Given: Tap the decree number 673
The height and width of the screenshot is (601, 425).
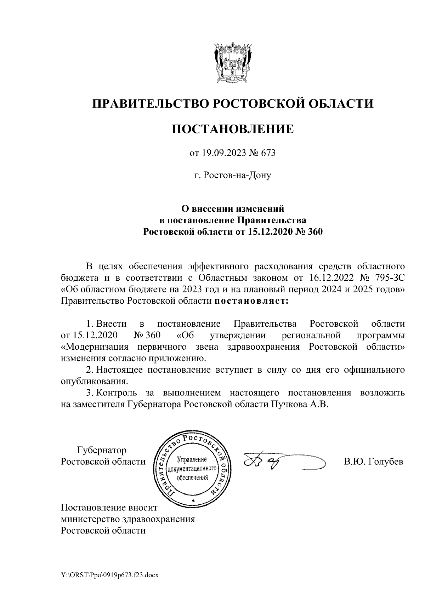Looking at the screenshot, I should click(268, 153).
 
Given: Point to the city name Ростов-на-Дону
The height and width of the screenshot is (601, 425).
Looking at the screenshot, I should click(233, 175).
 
